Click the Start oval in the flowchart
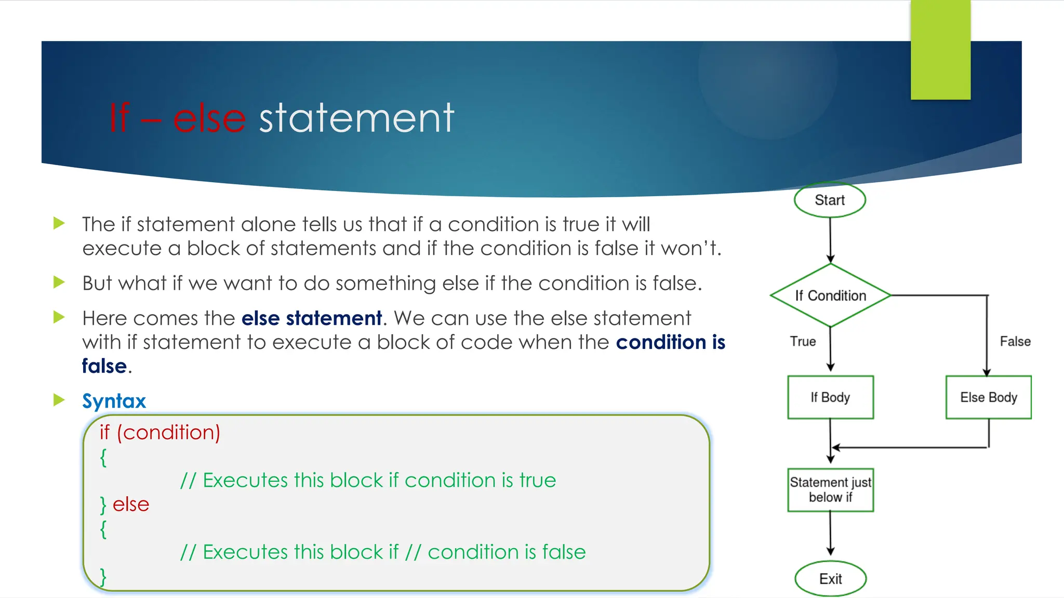[x=830, y=200]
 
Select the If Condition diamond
[x=830, y=295]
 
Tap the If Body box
[x=830, y=397]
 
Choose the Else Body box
[x=988, y=397]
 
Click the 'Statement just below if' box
[x=830, y=490]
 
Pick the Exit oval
[x=830, y=579]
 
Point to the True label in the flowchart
[x=803, y=342]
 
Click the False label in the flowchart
[x=1015, y=342]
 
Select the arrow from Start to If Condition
[x=830, y=239]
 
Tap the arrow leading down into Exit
[x=830, y=535]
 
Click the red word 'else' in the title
[x=209, y=118]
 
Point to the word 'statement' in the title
[x=356, y=118]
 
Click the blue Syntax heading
[x=114, y=401]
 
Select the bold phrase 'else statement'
[x=312, y=318]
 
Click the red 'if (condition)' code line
[x=160, y=432]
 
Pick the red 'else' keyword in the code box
[x=131, y=504]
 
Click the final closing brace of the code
[x=103, y=576]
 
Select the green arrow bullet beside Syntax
[x=59, y=400]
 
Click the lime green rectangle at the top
[x=940, y=50]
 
